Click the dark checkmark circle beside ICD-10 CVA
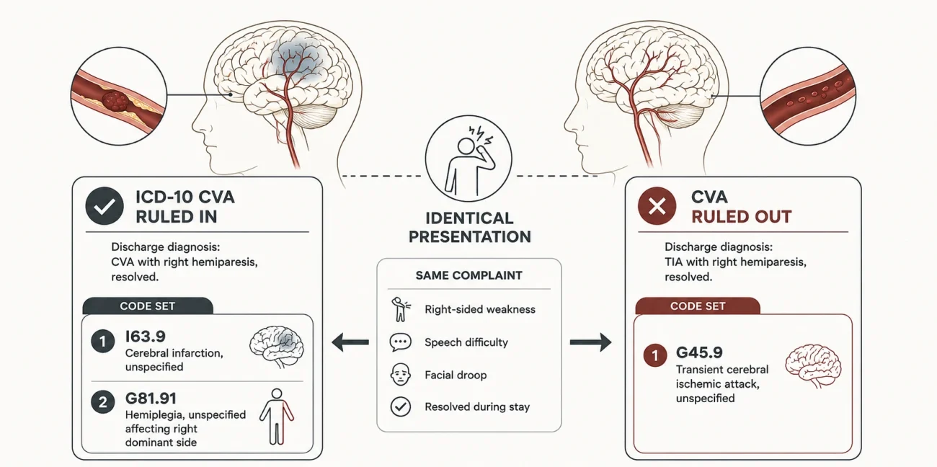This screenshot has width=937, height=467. [105, 205]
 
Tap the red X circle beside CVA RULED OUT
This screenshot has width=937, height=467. [657, 205]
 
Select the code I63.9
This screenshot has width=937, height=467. [145, 336]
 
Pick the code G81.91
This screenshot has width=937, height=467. [151, 398]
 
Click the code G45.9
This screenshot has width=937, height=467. [699, 352]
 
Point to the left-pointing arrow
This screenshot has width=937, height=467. [350, 342]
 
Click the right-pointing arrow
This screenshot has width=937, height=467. [590, 342]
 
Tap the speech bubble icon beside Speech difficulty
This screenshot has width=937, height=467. [400, 342]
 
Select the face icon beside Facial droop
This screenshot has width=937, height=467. [400, 374]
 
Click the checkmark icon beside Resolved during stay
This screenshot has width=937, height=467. [400, 406]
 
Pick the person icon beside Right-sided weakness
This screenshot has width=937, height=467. [400, 309]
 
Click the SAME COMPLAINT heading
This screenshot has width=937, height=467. [468, 275]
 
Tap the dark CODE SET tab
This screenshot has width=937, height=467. [148, 306]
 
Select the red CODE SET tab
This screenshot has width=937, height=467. [697, 306]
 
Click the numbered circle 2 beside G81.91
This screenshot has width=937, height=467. [103, 402]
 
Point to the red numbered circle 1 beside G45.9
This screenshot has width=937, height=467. [655, 355]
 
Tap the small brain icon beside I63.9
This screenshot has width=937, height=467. [277, 347]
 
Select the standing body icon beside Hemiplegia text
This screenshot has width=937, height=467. [277, 417]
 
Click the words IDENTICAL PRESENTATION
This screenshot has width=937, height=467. [469, 228]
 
